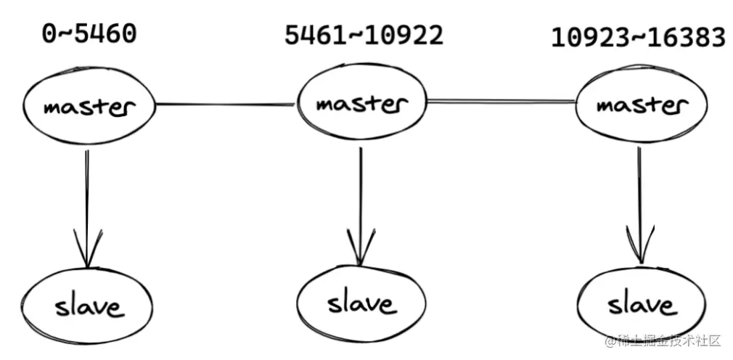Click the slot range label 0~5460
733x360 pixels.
point(88,33)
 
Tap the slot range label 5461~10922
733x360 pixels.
point(364,35)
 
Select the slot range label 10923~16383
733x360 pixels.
point(638,37)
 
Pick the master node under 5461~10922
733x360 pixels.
point(362,104)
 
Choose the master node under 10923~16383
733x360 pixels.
point(641,105)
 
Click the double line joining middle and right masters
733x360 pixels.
point(501,101)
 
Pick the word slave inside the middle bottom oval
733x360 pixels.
point(361,303)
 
